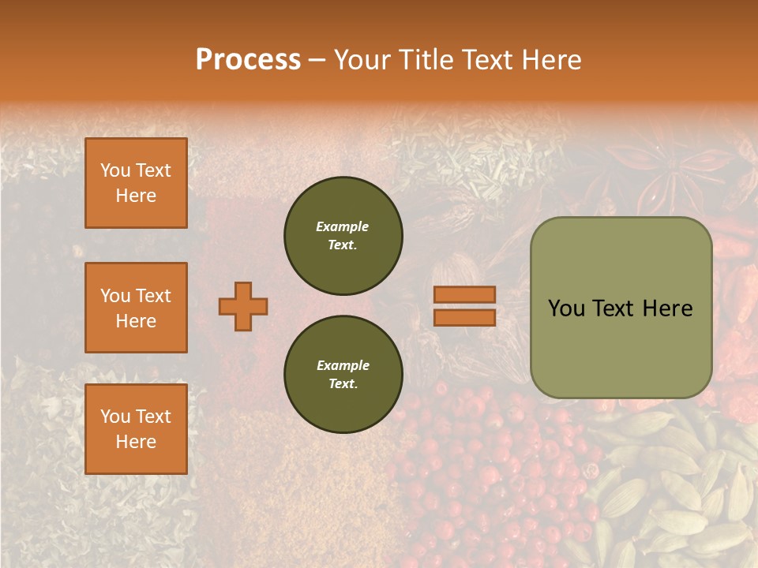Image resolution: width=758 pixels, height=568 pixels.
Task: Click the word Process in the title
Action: pos(248,60)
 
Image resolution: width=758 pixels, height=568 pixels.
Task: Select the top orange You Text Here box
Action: pos(136,183)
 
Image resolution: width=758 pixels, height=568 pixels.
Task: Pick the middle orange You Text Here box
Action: pos(136,308)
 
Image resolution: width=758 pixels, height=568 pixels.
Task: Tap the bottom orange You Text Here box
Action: pos(136,428)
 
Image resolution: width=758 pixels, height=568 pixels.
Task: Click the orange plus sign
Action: pos(243,306)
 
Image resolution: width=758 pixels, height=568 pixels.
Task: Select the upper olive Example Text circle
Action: pos(343,236)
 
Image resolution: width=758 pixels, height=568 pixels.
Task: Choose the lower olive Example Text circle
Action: pos(343,375)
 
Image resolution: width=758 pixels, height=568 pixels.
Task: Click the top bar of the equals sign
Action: pos(464,295)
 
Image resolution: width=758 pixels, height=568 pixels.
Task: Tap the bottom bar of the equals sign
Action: pos(464,317)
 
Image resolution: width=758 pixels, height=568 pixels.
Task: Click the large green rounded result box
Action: pos(621,308)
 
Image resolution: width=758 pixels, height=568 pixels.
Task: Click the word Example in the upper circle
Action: pos(343,226)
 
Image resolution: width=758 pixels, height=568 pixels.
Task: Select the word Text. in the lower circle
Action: pos(343,384)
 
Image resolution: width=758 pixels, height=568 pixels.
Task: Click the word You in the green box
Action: pos(566,308)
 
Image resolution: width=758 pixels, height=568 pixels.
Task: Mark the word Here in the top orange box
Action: pos(136,196)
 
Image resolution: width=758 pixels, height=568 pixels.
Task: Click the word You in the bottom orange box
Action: pos(115,416)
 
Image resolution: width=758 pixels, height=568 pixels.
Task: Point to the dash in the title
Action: pos(317,60)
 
